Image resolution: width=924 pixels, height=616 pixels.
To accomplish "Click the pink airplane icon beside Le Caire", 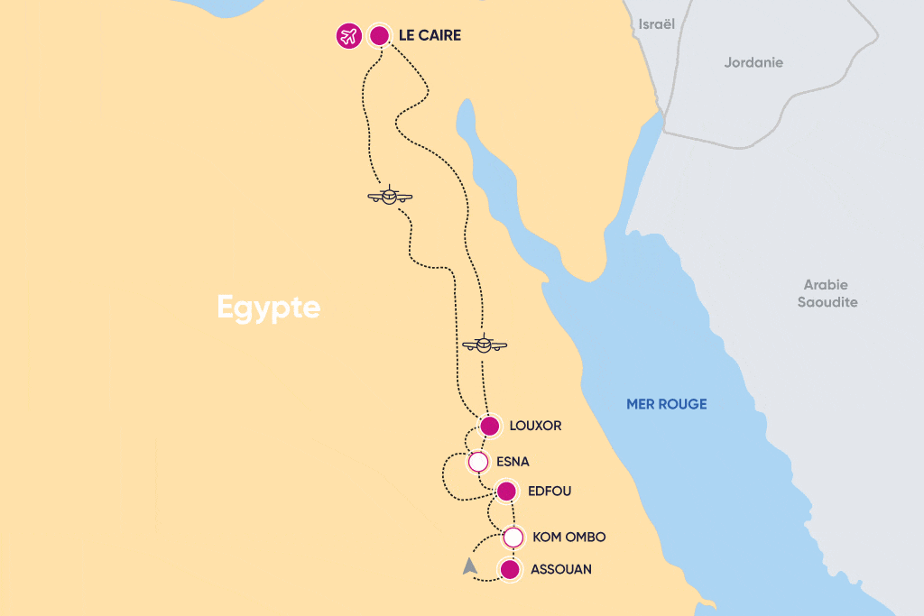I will (348, 36).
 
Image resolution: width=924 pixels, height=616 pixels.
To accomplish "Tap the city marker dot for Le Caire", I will (380, 36).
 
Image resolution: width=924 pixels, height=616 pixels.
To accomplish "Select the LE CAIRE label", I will (430, 36).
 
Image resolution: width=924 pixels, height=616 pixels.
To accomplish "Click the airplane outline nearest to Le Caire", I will (390, 196).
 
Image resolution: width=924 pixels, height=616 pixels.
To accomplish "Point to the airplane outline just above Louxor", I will (485, 344).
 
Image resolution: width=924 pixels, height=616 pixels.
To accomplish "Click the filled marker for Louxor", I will (489, 426).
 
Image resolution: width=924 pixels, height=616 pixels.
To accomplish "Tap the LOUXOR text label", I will (535, 426).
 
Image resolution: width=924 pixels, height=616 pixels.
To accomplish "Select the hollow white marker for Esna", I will (478, 463).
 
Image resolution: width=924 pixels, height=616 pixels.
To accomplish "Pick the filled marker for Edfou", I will (506, 492).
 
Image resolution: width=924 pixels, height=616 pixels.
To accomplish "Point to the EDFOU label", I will (549, 492).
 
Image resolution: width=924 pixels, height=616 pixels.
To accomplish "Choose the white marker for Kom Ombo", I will (513, 538).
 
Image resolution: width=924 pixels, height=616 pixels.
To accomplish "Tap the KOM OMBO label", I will (568, 538).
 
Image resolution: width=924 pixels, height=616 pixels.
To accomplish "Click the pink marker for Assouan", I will (510, 570).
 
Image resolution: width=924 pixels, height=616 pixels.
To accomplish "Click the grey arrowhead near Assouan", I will (469, 566).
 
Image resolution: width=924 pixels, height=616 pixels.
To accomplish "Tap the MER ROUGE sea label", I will (666, 404).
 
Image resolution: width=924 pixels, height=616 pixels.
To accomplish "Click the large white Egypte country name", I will (269, 308).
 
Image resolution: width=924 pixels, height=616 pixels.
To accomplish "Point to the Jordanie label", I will (753, 63).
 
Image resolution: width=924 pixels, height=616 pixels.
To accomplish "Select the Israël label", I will (656, 24).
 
